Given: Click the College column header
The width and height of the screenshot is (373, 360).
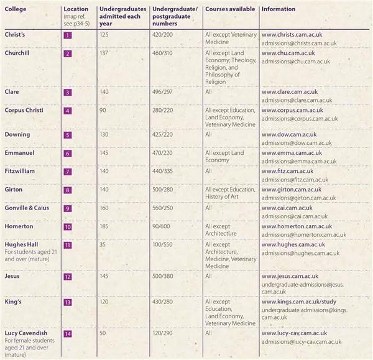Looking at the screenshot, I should [16, 10].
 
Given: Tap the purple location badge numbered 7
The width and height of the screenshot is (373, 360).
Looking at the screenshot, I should [68, 172].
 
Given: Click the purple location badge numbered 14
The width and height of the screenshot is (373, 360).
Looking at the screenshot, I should [68, 334].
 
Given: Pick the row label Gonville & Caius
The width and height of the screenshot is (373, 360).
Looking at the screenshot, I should [29, 208].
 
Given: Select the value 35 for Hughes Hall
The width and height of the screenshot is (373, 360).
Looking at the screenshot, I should [103, 245].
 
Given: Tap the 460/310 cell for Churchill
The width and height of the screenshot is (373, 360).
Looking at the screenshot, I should [163, 53].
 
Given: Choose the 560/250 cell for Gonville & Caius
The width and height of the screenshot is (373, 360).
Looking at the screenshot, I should [163, 208].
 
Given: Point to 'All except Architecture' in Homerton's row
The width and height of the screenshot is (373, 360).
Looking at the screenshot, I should [221, 230].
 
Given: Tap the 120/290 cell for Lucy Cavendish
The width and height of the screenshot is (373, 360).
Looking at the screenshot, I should [163, 333].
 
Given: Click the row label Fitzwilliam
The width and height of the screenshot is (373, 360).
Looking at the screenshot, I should [20, 171].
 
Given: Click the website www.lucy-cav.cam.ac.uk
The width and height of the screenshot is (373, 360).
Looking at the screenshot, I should [293, 333].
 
